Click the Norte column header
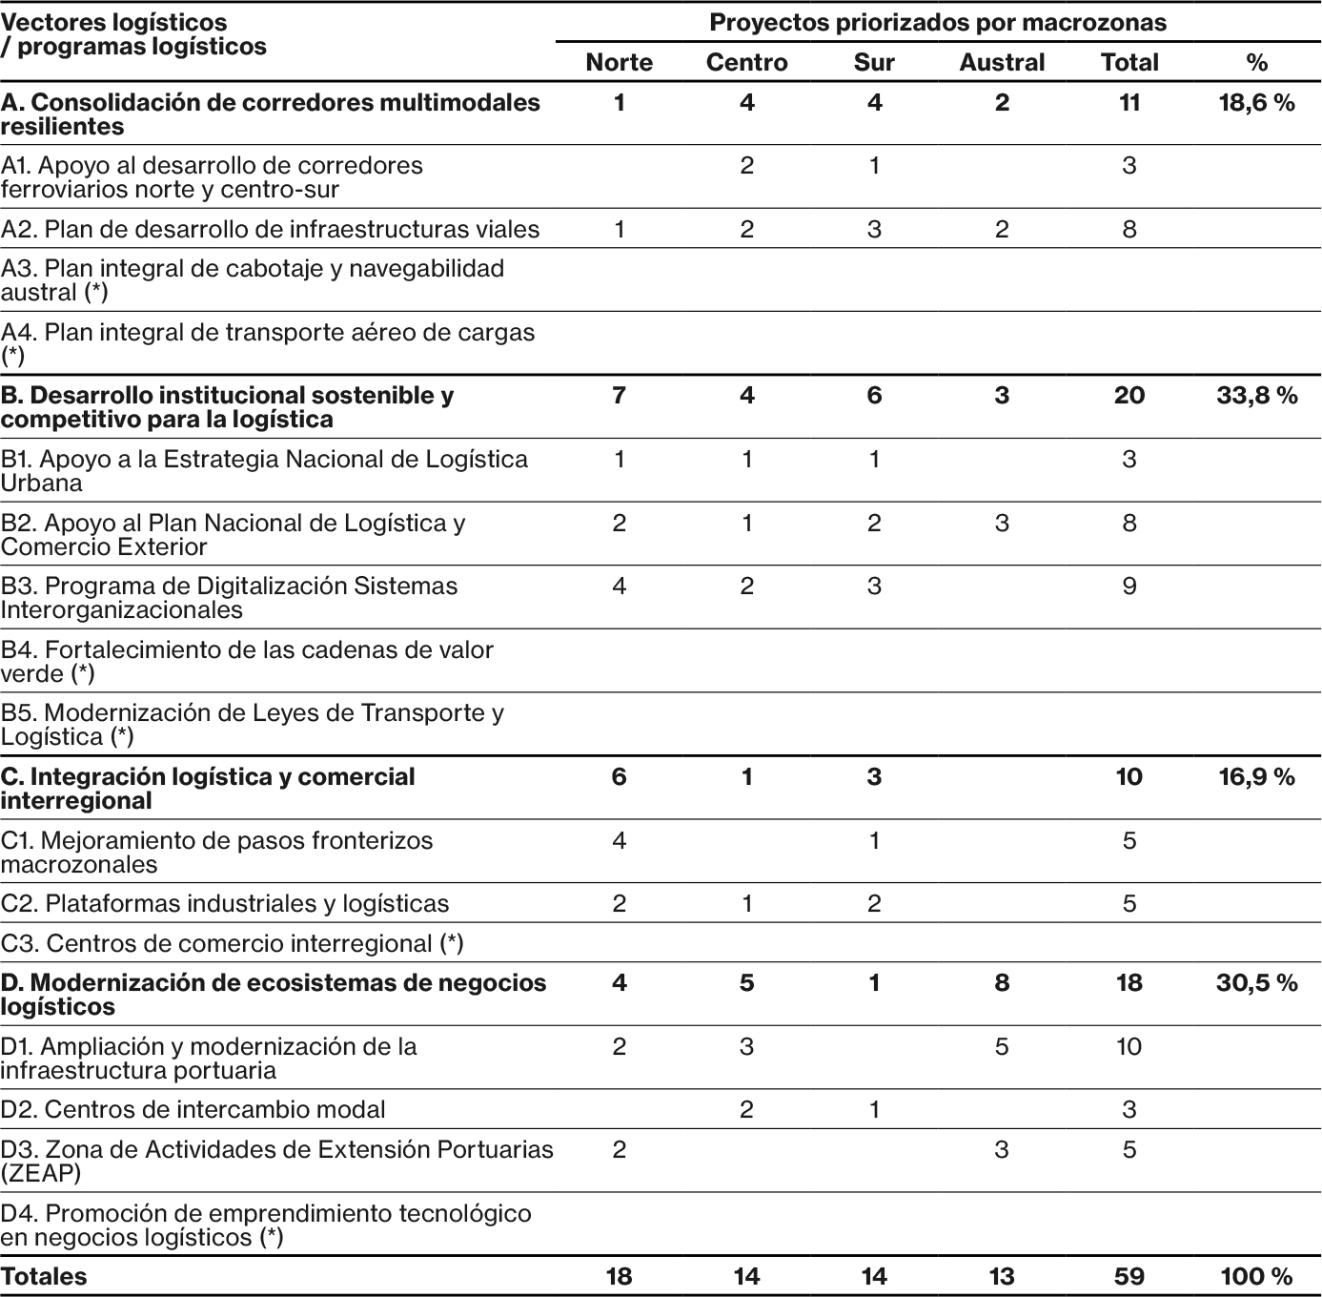coord(619,63)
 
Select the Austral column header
coord(1002,63)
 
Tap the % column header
coord(1256,63)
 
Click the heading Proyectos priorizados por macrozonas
coord(938,22)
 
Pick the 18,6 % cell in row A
coord(1256,103)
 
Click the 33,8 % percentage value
coord(1256,396)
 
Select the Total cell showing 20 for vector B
coord(1129,396)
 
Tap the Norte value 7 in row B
coord(619,396)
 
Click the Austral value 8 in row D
coord(1002,983)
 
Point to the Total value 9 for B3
coord(1129,587)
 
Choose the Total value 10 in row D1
coord(1129,1047)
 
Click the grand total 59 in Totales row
coord(1129,1277)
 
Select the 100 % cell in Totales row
coord(1256,1277)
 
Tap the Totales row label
coord(44,1277)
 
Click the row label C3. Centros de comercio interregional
coord(232,943)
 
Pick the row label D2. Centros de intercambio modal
coord(193,1110)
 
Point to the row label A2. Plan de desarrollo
coord(270,230)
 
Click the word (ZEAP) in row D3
coord(41,1173)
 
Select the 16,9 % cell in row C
coord(1256,777)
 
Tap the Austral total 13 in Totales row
coord(1002,1277)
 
